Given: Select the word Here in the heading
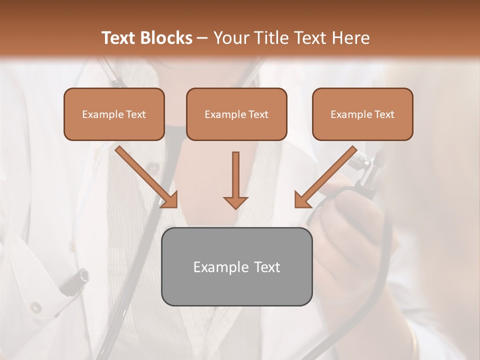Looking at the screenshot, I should tap(350, 37).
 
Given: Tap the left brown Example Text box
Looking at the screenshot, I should tap(114, 114).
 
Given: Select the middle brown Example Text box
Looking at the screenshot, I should tap(236, 114).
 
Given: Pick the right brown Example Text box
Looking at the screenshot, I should tap(362, 114).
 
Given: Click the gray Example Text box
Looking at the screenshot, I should tap(236, 266).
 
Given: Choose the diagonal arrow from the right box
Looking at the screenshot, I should tap(325, 177).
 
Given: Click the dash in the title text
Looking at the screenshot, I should tap(202, 38).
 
